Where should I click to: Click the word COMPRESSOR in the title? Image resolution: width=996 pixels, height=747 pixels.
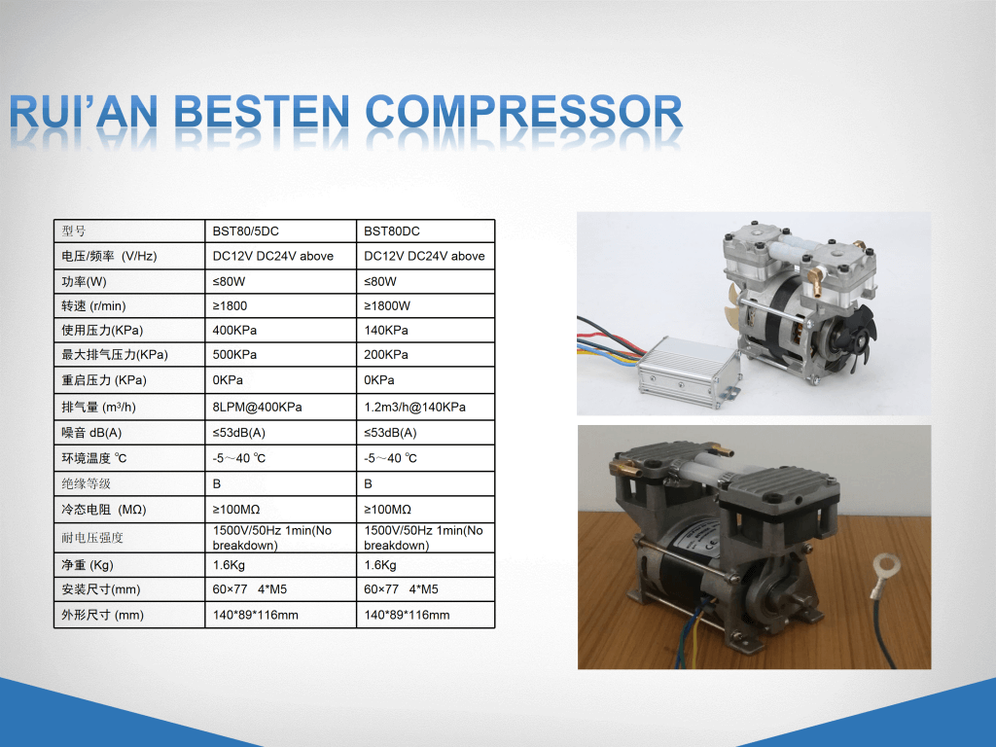(x=524, y=112)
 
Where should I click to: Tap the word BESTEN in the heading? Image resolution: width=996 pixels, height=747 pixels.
(x=261, y=112)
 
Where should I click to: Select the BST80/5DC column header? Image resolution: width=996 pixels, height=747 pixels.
(x=246, y=231)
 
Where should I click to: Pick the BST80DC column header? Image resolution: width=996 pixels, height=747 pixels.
(x=392, y=231)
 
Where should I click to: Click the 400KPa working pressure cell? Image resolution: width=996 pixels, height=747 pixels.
(x=234, y=331)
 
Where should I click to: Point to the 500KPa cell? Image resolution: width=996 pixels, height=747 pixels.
(x=234, y=354)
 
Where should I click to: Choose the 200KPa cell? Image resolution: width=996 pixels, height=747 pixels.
(x=386, y=354)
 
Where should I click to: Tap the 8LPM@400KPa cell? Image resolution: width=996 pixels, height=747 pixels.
(x=257, y=408)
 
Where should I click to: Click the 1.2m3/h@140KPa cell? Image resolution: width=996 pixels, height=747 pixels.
(x=414, y=408)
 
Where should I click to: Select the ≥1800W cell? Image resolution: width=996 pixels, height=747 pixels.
(x=387, y=306)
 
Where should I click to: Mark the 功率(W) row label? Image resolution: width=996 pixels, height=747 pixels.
(x=84, y=281)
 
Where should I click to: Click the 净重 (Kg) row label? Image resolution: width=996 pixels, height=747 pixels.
(x=87, y=565)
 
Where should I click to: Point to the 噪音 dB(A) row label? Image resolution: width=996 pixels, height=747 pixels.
(x=91, y=433)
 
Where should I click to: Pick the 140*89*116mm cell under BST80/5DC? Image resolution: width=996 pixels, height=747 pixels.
(x=256, y=615)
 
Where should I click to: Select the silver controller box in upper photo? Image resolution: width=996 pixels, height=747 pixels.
(x=690, y=372)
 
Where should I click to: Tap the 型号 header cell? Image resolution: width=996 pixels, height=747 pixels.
(x=74, y=231)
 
